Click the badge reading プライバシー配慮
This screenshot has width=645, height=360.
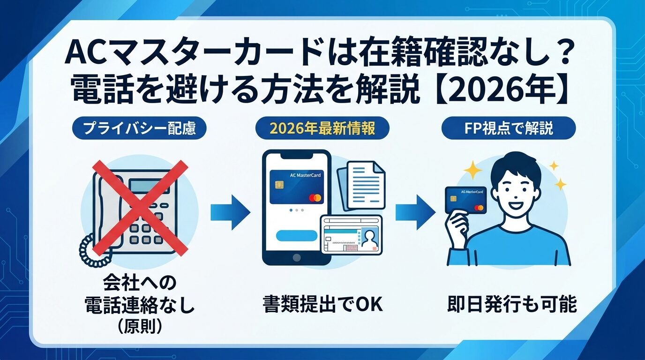(139, 128)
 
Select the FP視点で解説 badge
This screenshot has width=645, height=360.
(509, 128)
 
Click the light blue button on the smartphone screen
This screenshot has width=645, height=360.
(297, 236)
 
